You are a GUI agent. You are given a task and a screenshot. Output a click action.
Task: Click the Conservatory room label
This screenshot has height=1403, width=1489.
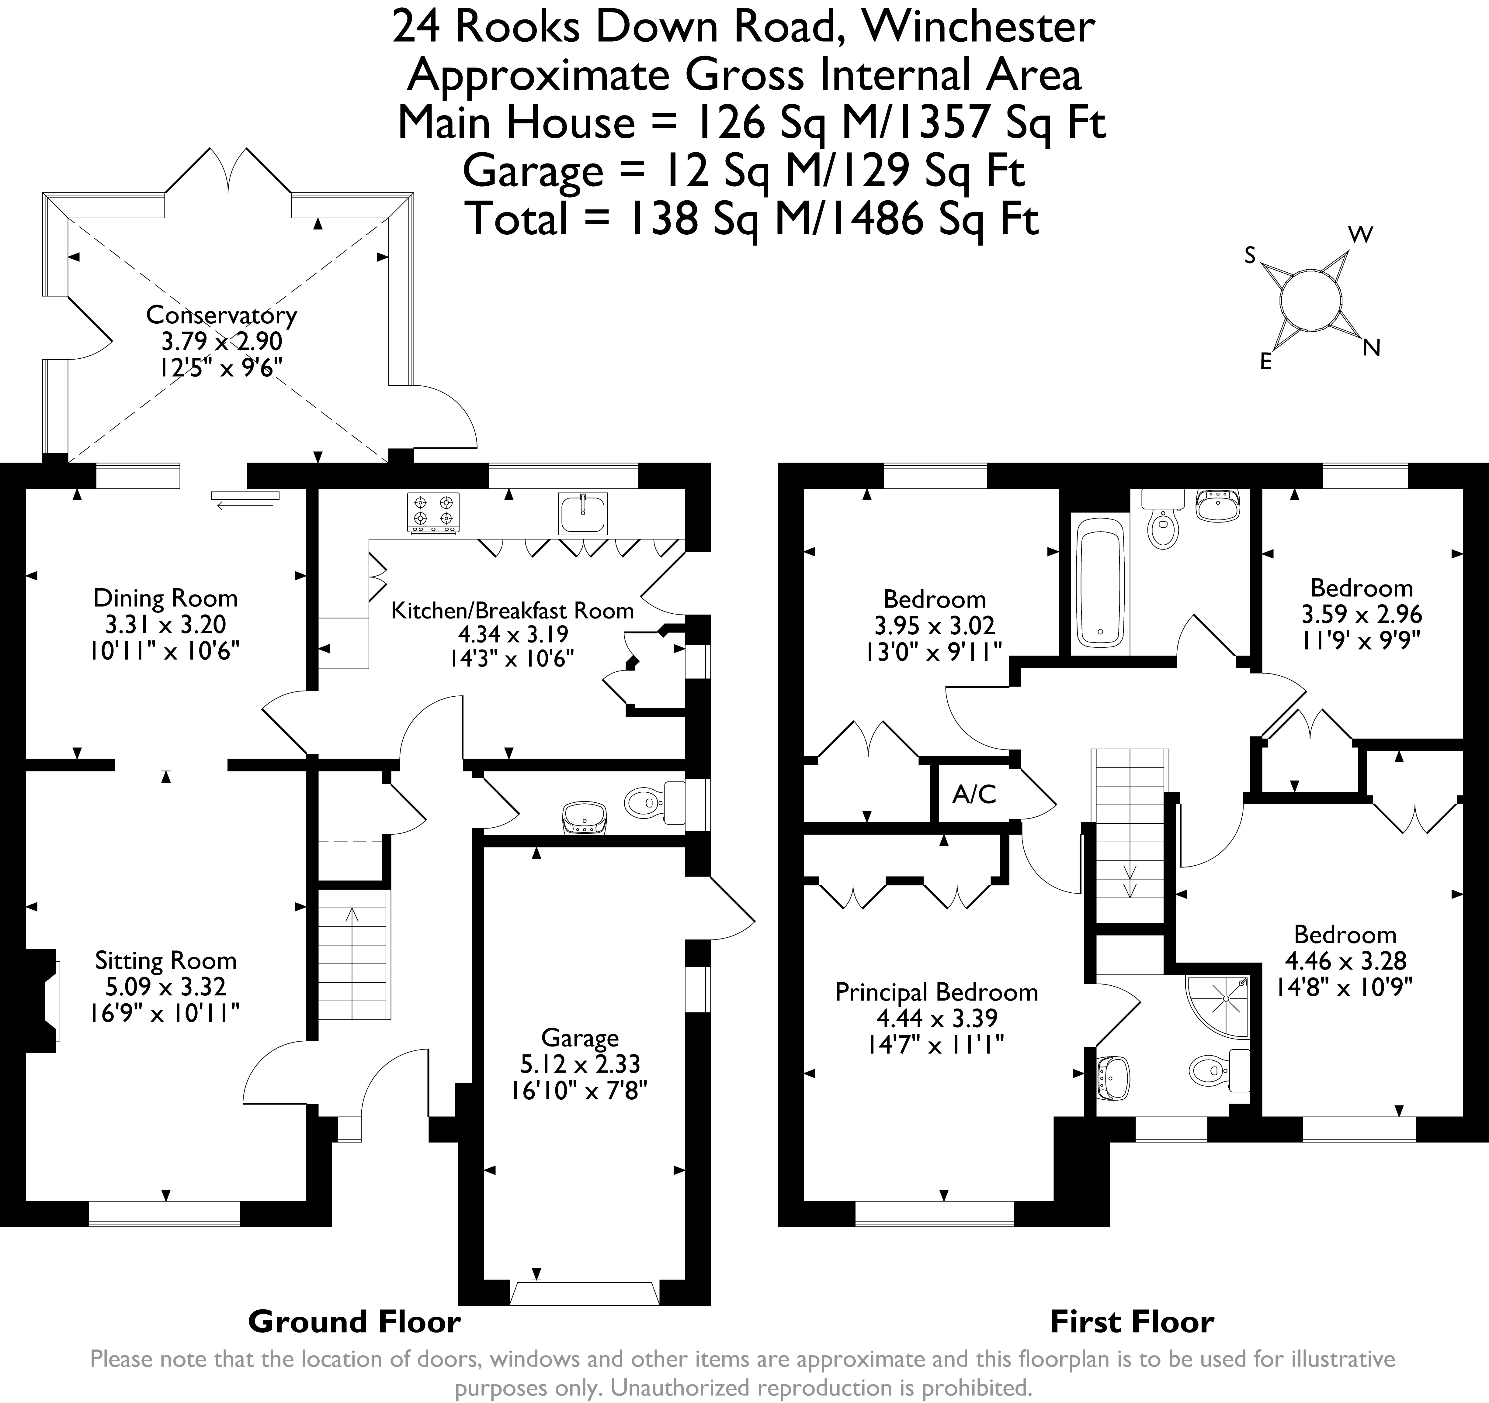click(x=221, y=315)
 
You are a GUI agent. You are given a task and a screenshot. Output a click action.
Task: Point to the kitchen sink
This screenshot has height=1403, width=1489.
click(x=582, y=514)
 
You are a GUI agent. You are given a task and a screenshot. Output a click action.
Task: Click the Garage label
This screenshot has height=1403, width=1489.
click(x=580, y=1038)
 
